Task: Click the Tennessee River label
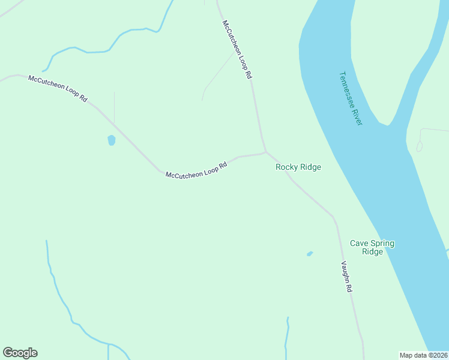[351, 98]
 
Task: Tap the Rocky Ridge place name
[298, 167]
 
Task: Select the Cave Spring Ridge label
[372, 247]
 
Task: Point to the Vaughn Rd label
[346, 277]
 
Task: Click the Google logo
[20, 353]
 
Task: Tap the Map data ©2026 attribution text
[423, 355]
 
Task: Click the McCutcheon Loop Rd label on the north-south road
[237, 50]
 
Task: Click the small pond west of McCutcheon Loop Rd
[111, 140]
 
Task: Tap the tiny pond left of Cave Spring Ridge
[310, 254]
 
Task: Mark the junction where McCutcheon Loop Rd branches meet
[265, 151]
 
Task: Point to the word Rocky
[286, 167]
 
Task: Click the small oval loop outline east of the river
[419, 146]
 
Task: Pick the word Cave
[359, 243]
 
